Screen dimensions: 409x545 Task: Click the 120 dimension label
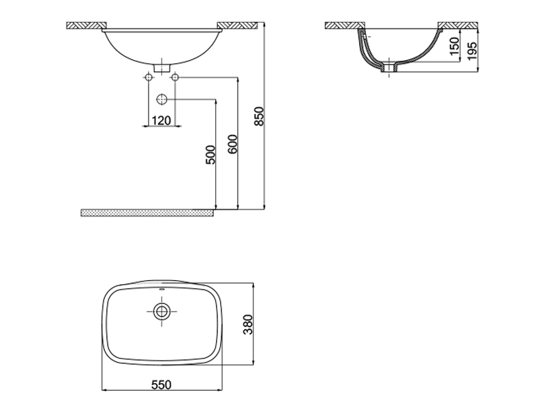(x=161, y=120)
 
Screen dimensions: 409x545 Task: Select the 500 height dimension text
(x=211, y=155)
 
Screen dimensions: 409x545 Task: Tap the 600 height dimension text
(x=232, y=145)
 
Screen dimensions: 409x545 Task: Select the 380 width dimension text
(x=249, y=324)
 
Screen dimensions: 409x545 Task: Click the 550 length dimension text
(x=161, y=385)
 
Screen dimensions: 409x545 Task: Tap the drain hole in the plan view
(x=161, y=312)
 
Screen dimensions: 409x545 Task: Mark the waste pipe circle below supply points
(x=161, y=100)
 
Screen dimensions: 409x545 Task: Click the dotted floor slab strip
(x=146, y=213)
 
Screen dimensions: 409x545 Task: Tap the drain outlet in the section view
(x=390, y=68)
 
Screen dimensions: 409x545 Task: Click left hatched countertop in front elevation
(x=83, y=26)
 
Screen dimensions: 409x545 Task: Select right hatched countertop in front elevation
(x=238, y=26)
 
